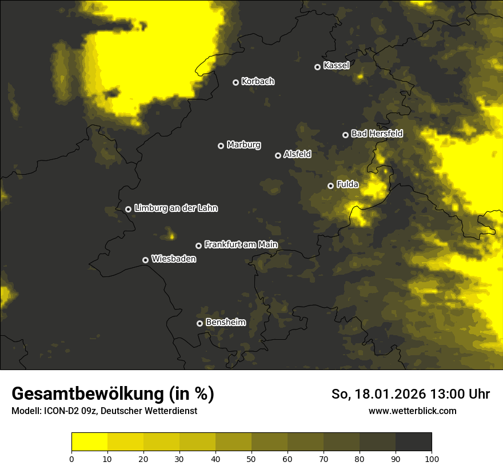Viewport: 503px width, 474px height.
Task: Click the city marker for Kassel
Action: (x=317, y=67)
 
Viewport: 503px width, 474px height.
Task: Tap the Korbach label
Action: (x=258, y=82)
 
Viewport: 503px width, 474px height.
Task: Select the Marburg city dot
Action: (x=221, y=146)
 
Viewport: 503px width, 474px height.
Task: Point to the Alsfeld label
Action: (x=297, y=154)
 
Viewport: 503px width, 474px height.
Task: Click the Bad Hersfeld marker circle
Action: (x=345, y=135)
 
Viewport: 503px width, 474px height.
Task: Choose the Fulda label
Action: (x=348, y=184)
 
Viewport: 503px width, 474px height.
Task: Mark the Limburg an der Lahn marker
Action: (x=128, y=209)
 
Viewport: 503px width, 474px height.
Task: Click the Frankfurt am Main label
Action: (x=241, y=244)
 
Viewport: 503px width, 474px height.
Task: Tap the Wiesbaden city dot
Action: (x=145, y=260)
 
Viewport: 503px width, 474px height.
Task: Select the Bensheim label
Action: (x=226, y=322)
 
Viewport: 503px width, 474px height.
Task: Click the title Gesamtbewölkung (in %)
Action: (x=113, y=394)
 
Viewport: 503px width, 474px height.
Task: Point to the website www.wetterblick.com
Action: (x=413, y=411)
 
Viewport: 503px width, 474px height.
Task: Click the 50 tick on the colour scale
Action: (x=251, y=459)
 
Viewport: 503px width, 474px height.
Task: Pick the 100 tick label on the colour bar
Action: (x=432, y=459)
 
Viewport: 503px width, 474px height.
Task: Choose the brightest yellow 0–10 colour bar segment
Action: (x=89, y=442)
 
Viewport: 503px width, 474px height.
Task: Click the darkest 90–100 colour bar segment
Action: (x=413, y=442)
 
